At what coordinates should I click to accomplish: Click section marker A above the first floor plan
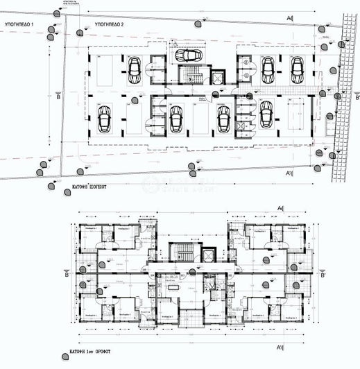pyautogui.click(x=280, y=208)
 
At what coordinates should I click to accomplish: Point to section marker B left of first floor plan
pyautogui.click(x=67, y=275)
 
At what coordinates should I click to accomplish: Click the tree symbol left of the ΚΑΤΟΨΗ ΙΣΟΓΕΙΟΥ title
pyautogui.click(x=53, y=187)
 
